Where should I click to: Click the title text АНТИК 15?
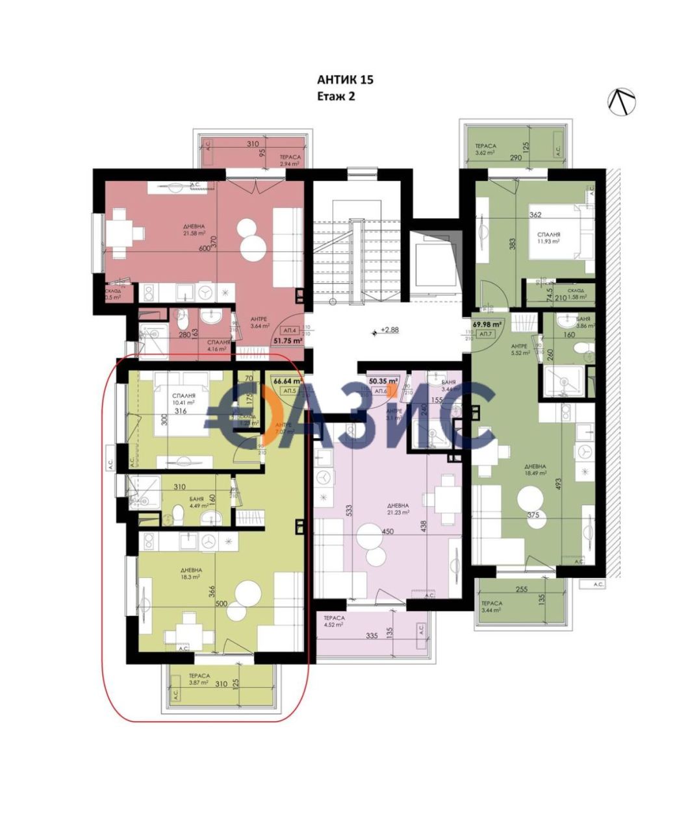(345, 80)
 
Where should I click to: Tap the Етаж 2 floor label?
(335, 96)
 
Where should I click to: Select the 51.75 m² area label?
(288, 340)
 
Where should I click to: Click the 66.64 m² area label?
(286, 382)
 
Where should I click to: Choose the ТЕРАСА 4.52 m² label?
(335, 622)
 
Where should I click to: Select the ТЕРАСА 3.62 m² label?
(485, 150)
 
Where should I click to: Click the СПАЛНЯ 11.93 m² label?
(548, 237)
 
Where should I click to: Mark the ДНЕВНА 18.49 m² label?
(536, 470)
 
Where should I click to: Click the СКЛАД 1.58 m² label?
(576, 294)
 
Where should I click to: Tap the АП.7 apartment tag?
(485, 334)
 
